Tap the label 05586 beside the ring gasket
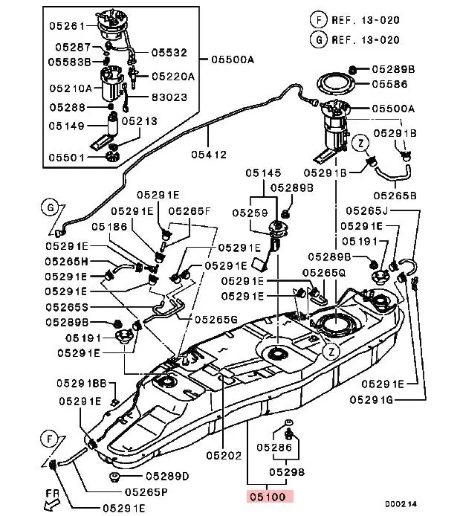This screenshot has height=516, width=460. tap(389, 84)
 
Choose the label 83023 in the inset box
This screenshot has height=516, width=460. tap(169, 97)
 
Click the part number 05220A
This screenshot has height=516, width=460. tap(173, 76)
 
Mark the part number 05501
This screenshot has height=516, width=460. tap(67, 157)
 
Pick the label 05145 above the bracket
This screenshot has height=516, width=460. tap(265, 173)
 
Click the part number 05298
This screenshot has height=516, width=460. tap(286, 471)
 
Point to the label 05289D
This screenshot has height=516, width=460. tap(167, 476)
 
